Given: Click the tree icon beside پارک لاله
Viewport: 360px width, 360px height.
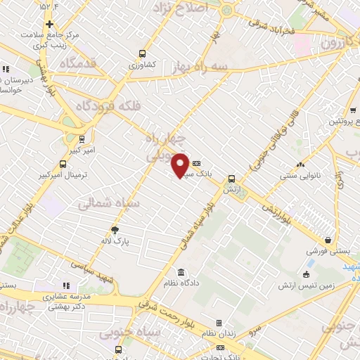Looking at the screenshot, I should click(x=115, y=229).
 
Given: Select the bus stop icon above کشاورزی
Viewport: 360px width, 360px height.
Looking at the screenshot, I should click(x=143, y=53).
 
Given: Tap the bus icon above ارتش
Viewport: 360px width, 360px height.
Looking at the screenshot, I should click(x=231, y=179).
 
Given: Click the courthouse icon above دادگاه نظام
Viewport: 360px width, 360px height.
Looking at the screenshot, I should click(x=181, y=272).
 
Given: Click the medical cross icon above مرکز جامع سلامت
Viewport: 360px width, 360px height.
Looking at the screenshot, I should click(x=49, y=25).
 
